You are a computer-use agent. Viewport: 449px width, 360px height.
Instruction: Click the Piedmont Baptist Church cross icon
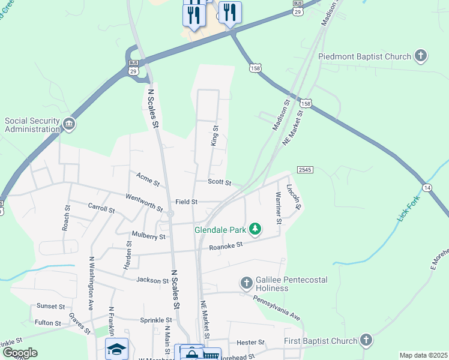[x=421, y=56]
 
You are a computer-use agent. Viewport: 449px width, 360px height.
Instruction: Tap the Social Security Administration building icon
[x=69, y=125]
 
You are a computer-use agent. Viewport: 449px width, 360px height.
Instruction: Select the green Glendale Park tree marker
[x=256, y=229]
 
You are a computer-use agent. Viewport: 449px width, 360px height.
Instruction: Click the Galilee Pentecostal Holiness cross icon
[x=246, y=283]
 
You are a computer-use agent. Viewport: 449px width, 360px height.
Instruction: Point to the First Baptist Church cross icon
[x=366, y=341]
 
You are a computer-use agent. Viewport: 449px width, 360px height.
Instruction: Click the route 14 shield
[x=427, y=187]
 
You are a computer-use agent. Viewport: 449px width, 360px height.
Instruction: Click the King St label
[x=214, y=136]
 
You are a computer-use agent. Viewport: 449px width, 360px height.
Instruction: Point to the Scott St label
[x=219, y=181]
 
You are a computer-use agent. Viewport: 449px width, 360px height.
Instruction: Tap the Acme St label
[x=147, y=178]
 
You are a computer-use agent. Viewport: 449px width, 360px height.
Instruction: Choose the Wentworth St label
[x=144, y=202]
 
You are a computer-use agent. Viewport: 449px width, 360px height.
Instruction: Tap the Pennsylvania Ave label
[x=276, y=306]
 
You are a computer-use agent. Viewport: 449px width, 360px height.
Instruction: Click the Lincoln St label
[x=294, y=196]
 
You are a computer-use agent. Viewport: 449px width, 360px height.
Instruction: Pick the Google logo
[x=20, y=353]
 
